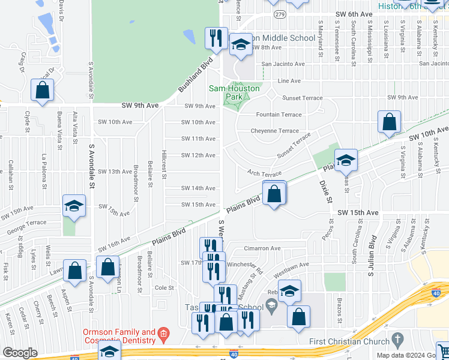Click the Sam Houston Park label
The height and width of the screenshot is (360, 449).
click(234, 88)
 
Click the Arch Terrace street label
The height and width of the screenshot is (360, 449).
click(264, 173)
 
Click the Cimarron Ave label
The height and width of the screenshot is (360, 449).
click(262, 248)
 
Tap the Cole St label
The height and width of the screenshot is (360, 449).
click(164, 288)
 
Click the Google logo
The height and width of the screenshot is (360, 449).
click(20, 353)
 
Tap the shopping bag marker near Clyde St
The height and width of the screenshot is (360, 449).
click(42, 91)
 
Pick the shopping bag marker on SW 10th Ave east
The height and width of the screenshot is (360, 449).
click(390, 122)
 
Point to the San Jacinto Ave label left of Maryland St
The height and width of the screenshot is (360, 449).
click(283, 64)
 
